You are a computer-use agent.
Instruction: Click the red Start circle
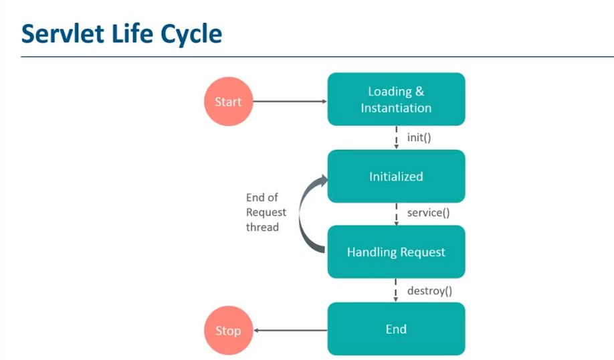coord(228,102)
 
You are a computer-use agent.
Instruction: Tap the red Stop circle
coord(228,331)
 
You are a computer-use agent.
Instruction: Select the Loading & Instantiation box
coord(396,99)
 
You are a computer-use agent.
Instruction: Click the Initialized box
coord(396,176)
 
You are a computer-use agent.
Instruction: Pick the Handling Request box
coord(396,252)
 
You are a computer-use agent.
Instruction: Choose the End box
coord(396,329)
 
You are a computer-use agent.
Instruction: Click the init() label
coord(419,137)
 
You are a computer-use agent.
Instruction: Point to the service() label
coord(428,213)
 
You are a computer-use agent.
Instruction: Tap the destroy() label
coord(429,290)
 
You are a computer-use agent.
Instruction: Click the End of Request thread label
coord(266,212)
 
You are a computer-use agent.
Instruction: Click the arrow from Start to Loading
coord(290,102)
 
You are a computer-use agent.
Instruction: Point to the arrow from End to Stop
coord(290,331)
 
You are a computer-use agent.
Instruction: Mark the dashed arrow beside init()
coord(396,137)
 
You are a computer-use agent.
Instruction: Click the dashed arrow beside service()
coord(396,214)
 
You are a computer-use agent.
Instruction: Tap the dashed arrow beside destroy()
coord(395,290)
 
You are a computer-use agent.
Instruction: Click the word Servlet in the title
coord(63,33)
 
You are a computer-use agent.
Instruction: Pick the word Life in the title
coord(132,33)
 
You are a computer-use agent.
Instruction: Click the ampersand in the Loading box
coord(419,91)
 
